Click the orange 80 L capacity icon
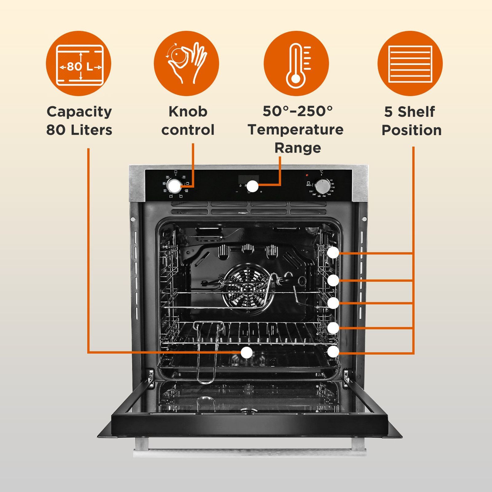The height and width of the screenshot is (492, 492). (x=78, y=63)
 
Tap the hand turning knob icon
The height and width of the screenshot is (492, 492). (x=186, y=63)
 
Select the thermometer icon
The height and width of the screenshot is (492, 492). (x=296, y=63)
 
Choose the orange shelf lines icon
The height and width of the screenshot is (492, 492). (x=410, y=63)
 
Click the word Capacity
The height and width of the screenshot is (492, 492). (x=79, y=112)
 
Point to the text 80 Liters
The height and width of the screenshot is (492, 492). (x=79, y=130)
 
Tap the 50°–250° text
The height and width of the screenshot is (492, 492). (x=297, y=111)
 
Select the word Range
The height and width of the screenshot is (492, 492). (x=297, y=148)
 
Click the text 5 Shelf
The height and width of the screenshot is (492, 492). (x=409, y=112)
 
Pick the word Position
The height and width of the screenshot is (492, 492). (x=411, y=130)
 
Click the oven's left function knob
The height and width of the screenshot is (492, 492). (x=174, y=186)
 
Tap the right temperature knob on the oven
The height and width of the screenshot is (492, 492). (x=323, y=185)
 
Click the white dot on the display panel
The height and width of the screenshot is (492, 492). (x=252, y=186)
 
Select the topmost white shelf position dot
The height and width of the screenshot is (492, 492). (x=333, y=253)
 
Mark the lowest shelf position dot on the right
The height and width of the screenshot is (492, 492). (x=333, y=351)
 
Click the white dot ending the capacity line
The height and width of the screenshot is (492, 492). (x=246, y=353)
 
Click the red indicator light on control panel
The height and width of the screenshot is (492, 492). (x=307, y=175)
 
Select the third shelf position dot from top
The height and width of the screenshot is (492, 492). (x=333, y=303)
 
